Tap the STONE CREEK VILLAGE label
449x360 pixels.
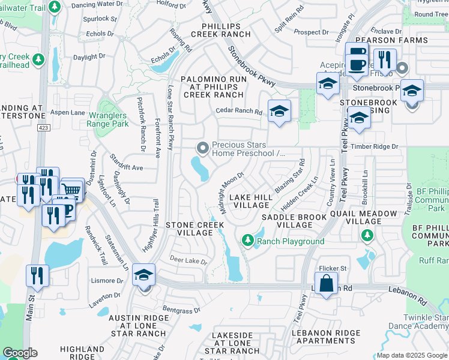click(x=194, y=229)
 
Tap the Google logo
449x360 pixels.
click(x=20, y=353)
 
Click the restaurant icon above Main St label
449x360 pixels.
click(x=38, y=275)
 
